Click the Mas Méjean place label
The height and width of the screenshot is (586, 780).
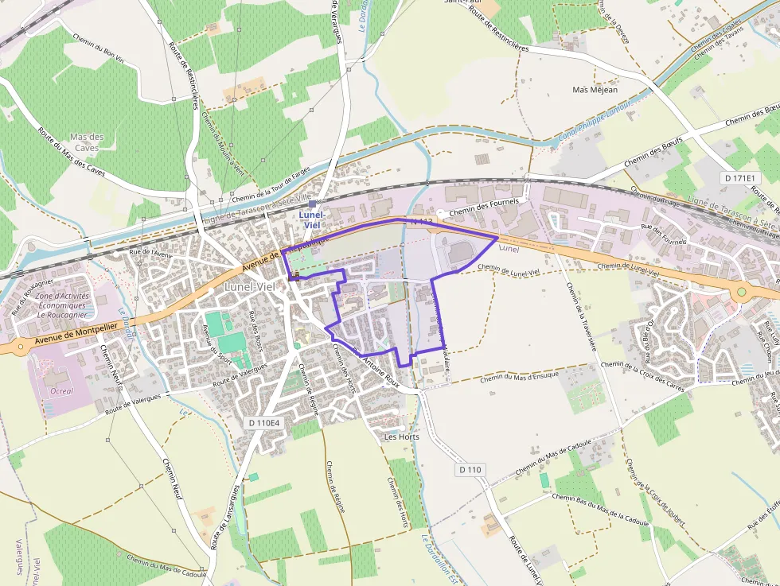(595, 90)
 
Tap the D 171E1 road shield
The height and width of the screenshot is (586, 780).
(742, 178)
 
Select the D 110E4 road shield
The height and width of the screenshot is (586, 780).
(264, 423)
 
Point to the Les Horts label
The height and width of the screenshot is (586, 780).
(401, 437)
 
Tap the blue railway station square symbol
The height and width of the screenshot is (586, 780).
(312, 204)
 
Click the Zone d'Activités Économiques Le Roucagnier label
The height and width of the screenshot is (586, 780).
(61, 305)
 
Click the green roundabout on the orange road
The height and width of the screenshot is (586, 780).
(742, 292)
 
